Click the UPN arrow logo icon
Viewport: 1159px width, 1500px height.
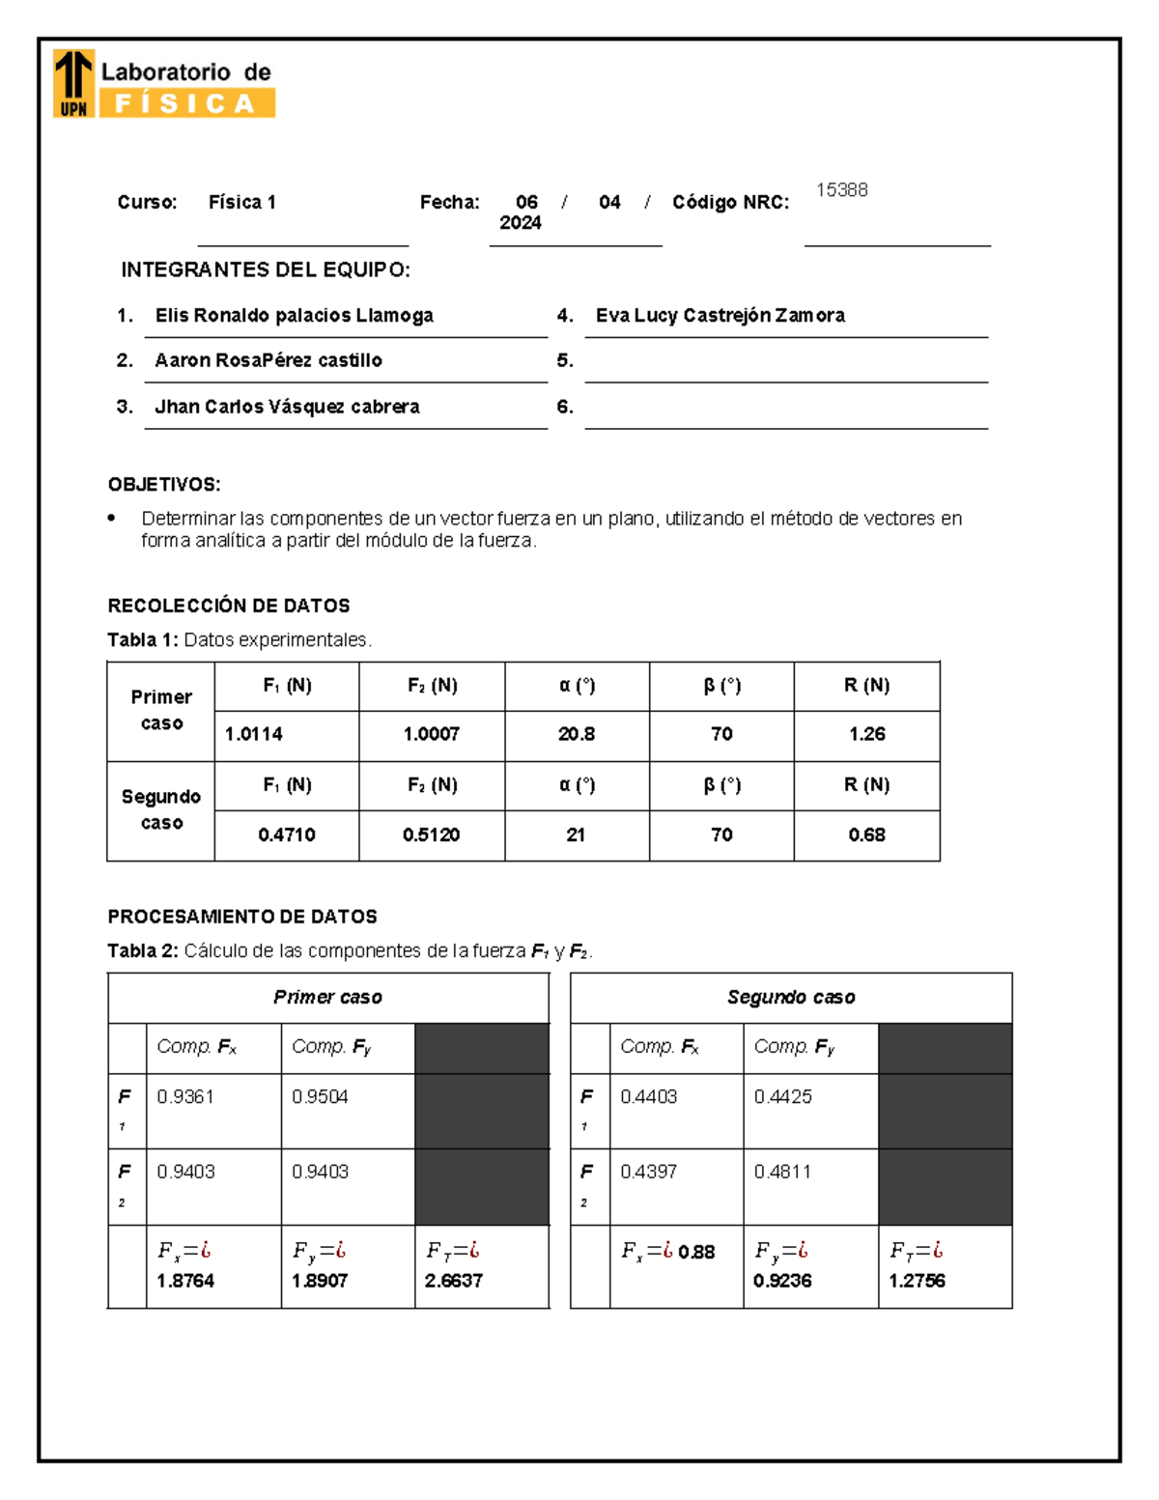(73, 83)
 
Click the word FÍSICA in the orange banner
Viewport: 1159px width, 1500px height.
(185, 103)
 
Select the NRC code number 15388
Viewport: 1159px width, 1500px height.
(841, 190)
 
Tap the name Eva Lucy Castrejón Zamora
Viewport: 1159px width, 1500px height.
(720, 316)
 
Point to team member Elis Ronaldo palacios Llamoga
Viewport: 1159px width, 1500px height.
(294, 316)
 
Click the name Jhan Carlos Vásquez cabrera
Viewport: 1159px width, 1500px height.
(287, 407)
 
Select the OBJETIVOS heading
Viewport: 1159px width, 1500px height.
(164, 485)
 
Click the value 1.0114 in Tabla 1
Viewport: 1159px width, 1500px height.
(254, 734)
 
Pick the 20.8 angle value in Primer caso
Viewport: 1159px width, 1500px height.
(576, 734)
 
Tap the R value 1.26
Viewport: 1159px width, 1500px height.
(866, 734)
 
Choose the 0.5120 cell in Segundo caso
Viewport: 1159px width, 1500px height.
(431, 835)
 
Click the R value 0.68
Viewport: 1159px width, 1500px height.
(866, 835)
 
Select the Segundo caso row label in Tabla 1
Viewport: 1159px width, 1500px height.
(161, 809)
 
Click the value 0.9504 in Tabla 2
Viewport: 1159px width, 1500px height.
(320, 1097)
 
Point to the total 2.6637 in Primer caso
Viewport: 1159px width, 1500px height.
(453, 1281)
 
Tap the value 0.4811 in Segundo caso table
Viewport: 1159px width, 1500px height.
(782, 1172)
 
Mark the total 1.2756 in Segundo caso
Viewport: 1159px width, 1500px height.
(917, 1281)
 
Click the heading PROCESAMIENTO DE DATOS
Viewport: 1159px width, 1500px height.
(242, 917)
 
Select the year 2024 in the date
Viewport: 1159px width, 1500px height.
(520, 223)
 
